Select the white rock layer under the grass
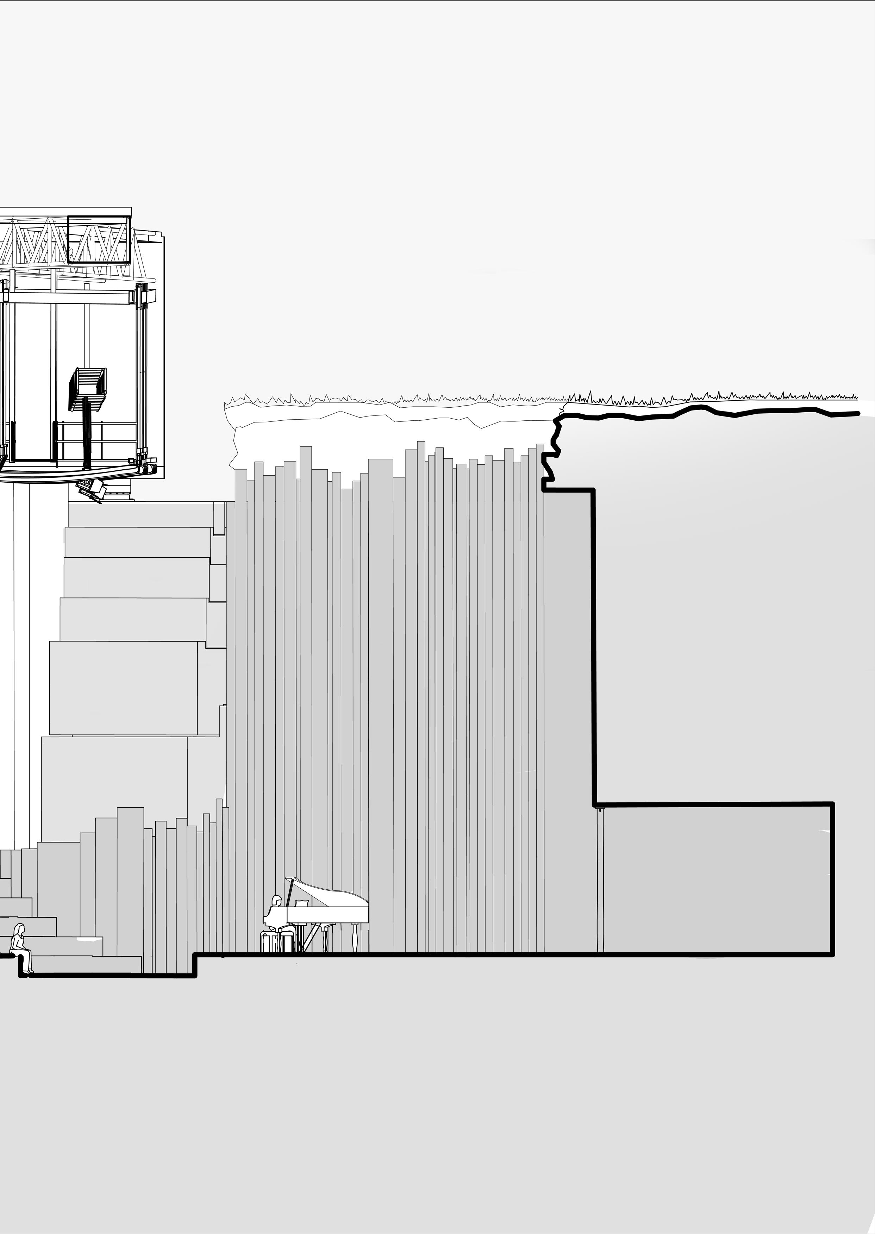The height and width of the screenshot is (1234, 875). (x=377, y=431)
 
